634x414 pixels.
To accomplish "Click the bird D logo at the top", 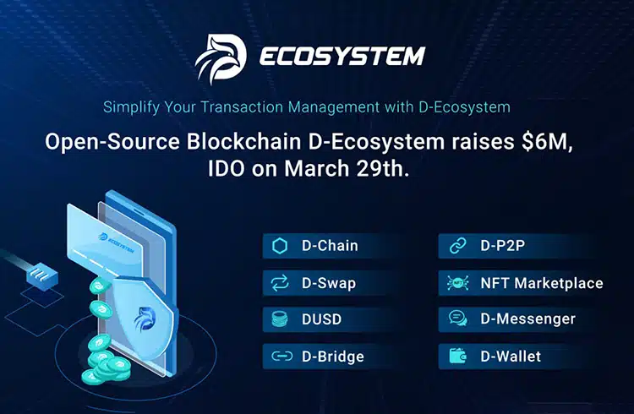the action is [221, 58].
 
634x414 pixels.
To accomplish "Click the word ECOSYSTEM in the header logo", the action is [342, 57].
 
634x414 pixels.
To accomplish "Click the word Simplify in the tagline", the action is [130, 107].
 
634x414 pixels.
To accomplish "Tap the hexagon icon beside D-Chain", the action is [280, 246].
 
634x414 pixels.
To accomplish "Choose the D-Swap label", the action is [329, 283].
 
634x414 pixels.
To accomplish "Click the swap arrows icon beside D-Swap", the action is [280, 283].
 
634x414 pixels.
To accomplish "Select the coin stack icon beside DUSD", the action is [280, 319].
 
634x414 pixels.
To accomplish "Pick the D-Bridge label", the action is [333, 357].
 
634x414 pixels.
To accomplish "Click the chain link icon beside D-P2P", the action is [457, 246].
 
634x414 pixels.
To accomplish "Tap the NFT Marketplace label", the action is [542, 283].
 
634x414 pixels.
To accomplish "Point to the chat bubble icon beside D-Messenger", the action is [457, 319].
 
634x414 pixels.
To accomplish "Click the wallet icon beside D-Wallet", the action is [457, 357].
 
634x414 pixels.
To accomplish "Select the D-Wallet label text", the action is [511, 357].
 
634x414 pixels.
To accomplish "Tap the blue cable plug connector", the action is [41, 275].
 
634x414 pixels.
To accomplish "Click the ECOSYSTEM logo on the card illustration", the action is [117, 242].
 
